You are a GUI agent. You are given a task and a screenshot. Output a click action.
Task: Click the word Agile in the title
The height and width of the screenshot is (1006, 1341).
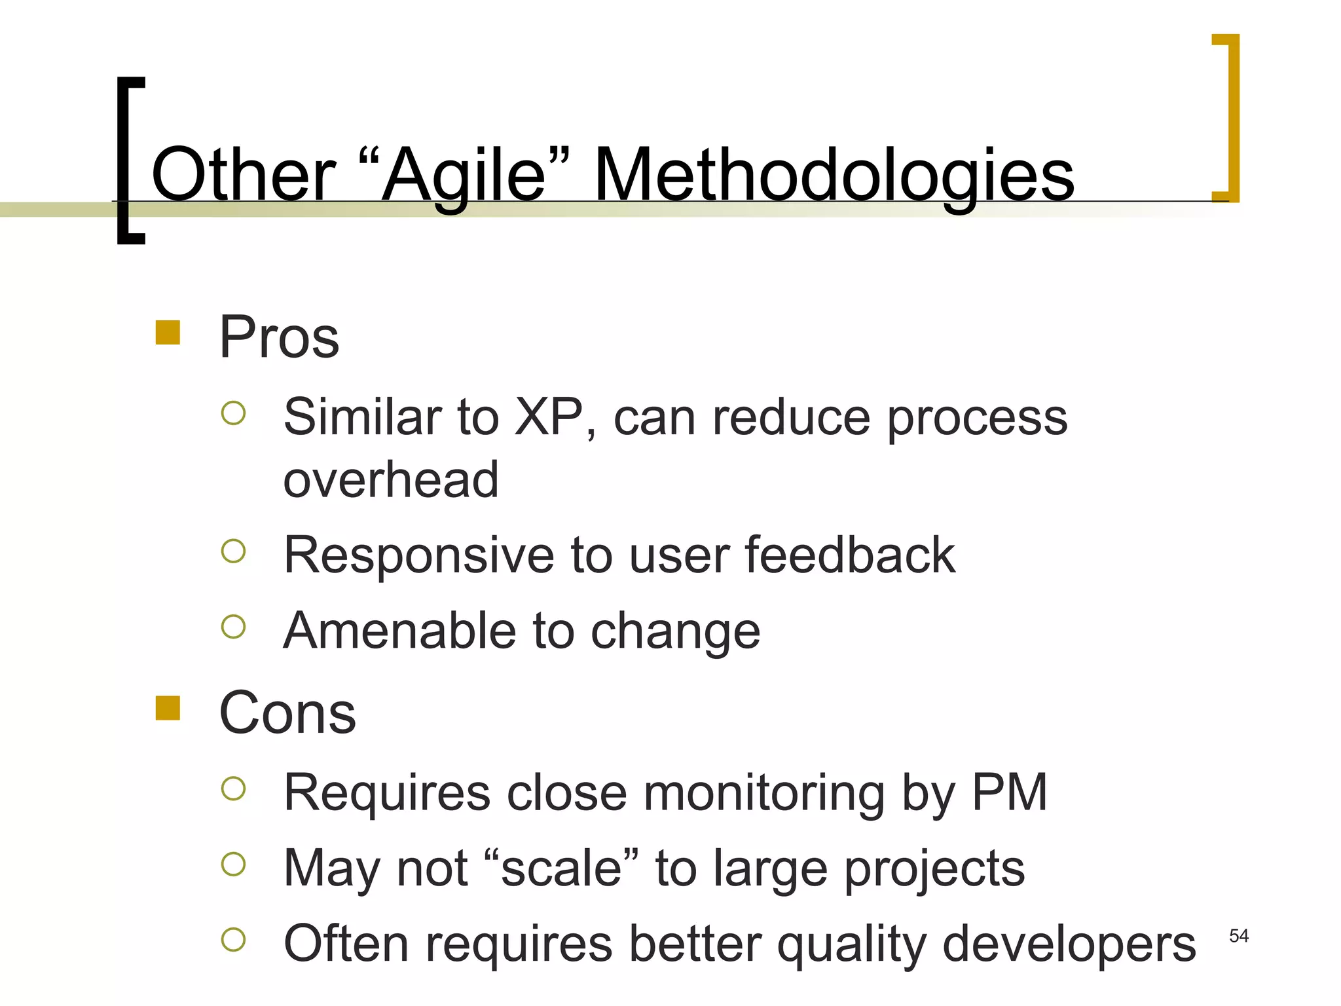[x=464, y=176]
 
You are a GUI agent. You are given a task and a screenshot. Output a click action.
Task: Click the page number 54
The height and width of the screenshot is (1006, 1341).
[x=1239, y=936]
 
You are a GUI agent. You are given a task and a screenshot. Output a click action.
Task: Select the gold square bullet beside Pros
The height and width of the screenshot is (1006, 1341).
[x=168, y=332]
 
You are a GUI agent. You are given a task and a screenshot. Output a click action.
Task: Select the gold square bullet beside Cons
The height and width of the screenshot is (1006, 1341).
[x=168, y=708]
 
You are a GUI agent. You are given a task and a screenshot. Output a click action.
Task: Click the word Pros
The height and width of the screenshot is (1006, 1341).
[x=279, y=337]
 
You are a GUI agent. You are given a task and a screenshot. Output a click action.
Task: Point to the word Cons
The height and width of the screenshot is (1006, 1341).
[x=287, y=713]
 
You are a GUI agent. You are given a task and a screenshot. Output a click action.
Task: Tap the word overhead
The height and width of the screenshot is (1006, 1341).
[x=391, y=479]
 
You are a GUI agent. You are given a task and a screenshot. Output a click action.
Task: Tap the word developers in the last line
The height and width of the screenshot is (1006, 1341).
[x=1069, y=944]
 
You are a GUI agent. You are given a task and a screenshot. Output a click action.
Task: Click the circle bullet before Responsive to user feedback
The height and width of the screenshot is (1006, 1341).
[x=233, y=551]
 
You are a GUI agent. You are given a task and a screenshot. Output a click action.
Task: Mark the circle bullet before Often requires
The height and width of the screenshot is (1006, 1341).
[x=233, y=940]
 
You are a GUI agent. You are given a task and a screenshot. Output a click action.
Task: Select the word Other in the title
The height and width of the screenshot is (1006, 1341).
[x=243, y=176]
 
